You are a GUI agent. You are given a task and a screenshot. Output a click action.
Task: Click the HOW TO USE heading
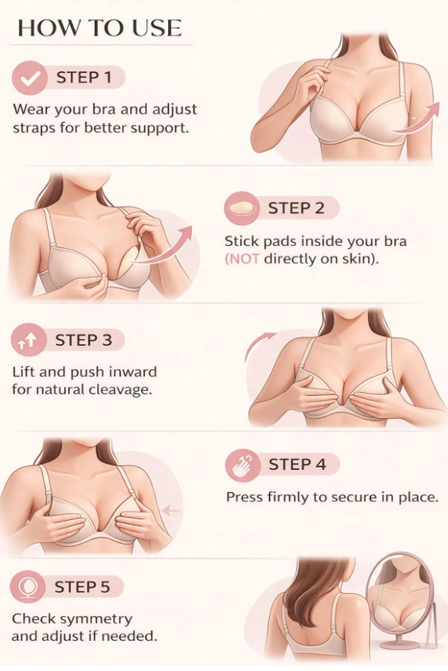[99, 29]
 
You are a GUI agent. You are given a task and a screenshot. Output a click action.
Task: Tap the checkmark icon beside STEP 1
[29, 78]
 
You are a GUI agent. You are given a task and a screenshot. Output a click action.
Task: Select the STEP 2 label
[296, 209]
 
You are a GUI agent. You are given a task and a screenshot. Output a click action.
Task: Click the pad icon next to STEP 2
[241, 209]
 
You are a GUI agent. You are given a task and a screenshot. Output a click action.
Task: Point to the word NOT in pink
[242, 259]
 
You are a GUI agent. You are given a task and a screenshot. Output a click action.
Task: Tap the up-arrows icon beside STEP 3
[29, 341]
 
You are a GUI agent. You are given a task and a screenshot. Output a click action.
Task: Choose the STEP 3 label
[83, 341]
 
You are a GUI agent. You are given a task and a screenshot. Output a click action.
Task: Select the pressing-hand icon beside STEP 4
[243, 465]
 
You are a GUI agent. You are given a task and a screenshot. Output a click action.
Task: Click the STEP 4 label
[297, 465]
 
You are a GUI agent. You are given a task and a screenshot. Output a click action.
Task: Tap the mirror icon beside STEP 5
[27, 586]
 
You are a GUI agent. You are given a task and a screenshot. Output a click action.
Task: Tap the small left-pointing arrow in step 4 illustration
[171, 510]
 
